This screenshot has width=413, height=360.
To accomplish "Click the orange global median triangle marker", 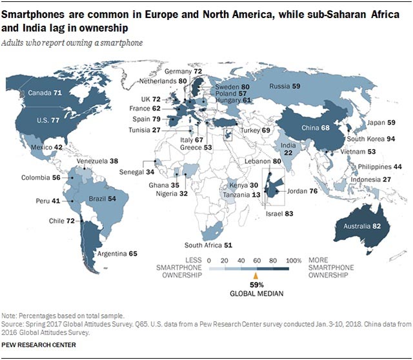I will coord(254,274).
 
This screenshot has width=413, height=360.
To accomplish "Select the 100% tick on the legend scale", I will coord(294,259).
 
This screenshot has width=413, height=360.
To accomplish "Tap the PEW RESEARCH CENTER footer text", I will coord(39,345).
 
